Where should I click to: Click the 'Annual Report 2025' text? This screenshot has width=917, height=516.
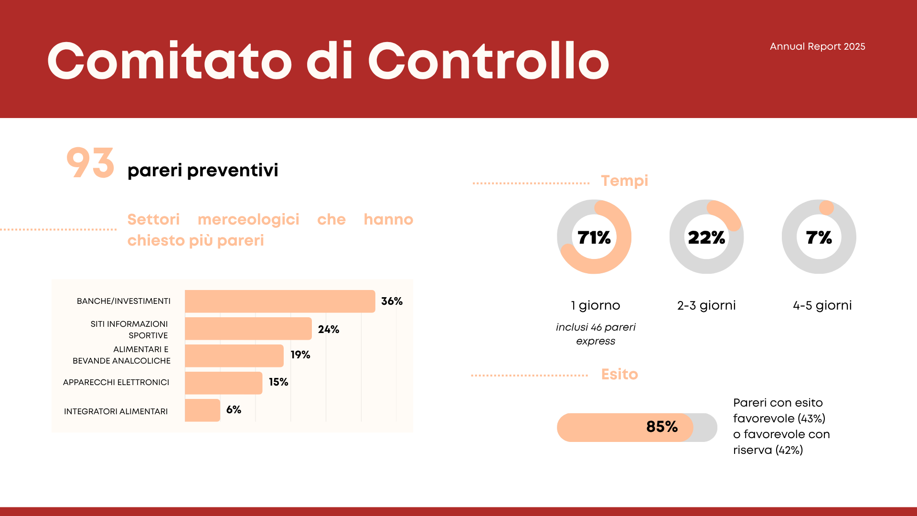(x=817, y=46)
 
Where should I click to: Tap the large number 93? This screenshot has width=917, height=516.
(x=90, y=163)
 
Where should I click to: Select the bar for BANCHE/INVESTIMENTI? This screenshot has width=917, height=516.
(x=280, y=301)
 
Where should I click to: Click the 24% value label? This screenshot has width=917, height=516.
(x=329, y=329)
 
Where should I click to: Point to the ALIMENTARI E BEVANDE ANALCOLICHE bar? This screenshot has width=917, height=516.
(x=234, y=356)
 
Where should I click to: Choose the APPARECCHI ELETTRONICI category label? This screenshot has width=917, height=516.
(x=116, y=382)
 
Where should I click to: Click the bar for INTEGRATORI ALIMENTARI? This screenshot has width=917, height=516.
(x=203, y=410)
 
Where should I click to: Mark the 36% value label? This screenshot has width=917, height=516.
(x=392, y=301)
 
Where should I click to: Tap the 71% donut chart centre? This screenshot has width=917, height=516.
(x=594, y=237)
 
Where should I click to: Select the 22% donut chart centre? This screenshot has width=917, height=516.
(x=706, y=237)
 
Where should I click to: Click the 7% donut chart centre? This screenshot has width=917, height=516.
(x=819, y=237)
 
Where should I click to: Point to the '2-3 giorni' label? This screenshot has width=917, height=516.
(x=706, y=305)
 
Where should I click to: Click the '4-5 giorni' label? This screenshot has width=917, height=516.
(x=822, y=305)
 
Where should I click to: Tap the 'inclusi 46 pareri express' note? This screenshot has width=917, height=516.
(x=596, y=334)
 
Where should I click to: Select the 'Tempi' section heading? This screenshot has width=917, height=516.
(x=625, y=181)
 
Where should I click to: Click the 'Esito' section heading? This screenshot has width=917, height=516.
(x=619, y=374)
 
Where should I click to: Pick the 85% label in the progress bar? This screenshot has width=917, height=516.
(x=662, y=427)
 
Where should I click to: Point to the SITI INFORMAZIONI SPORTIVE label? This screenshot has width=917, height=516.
(x=129, y=330)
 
